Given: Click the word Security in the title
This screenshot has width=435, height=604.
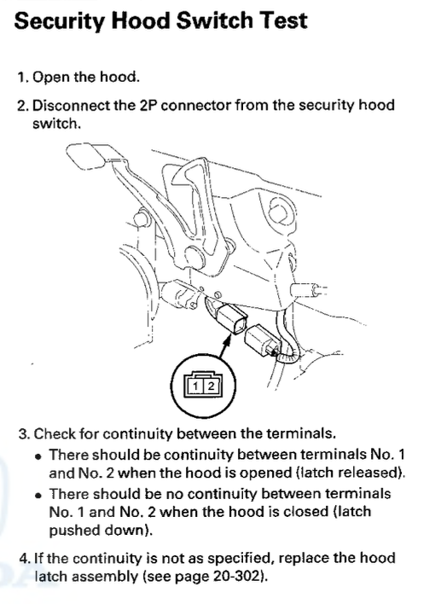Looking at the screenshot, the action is pos(59,21).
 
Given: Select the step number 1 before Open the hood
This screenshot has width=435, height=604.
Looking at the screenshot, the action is pos(21,77).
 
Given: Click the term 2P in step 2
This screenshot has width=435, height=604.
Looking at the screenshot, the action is pos(148,105).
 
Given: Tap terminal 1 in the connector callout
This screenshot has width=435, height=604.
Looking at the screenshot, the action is pos(195,386).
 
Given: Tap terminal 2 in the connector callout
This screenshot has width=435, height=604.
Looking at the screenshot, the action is pos(211,386).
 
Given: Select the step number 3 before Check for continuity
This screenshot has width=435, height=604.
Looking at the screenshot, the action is pos(23,433).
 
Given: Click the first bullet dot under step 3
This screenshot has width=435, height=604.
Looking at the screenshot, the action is pos(38,457).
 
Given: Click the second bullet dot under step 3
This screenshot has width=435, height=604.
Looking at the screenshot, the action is pos(38,496).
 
